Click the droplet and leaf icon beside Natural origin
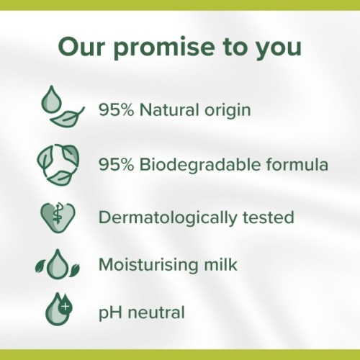pos(61,109)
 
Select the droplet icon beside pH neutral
pos(58,311)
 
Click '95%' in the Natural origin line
pos(114,112)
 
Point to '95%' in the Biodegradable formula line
pos(114,165)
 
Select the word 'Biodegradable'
pos(193,165)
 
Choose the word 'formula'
pos(295,165)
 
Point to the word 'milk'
pos(220,264)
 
